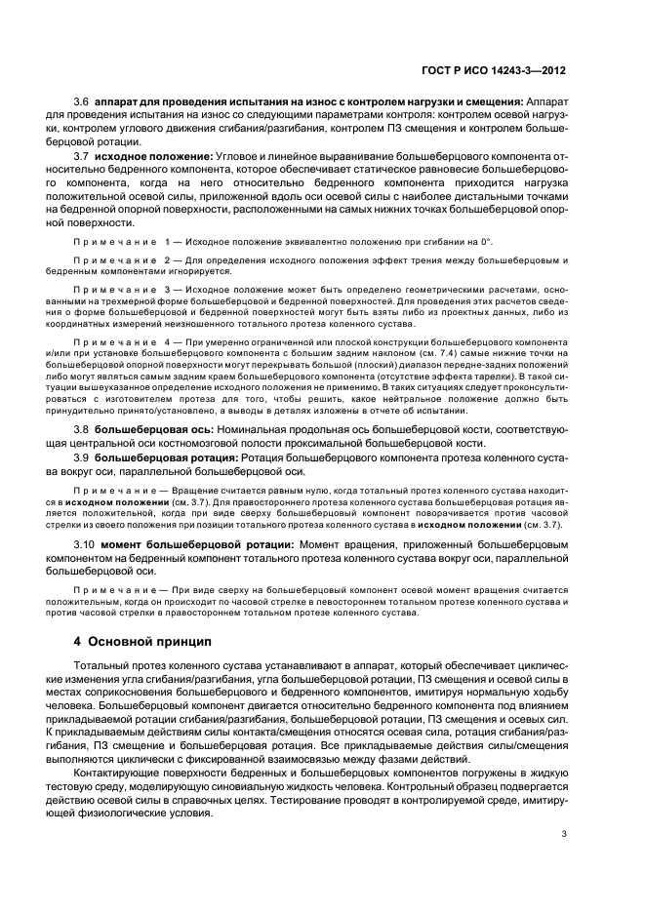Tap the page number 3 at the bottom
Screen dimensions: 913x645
[564, 834]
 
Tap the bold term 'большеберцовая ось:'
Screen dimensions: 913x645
[155, 429]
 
